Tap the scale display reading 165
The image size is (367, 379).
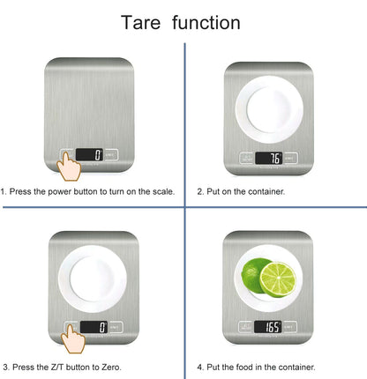coord(270,327)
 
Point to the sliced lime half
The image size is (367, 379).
coord(280,279)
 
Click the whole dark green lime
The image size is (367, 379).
coord(255,274)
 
